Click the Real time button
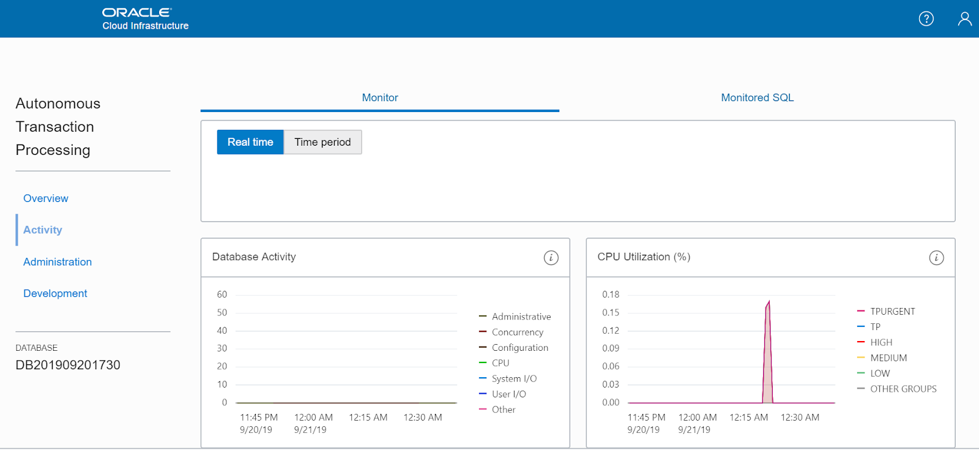pyautogui.click(x=250, y=142)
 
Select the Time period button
pyautogui.click(x=322, y=142)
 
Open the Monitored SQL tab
pyautogui.click(x=757, y=98)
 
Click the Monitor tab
pyautogui.click(x=380, y=98)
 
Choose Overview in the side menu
pyautogui.click(x=46, y=198)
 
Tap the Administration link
pyautogui.click(x=58, y=262)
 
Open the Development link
pyautogui.click(x=55, y=294)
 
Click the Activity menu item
pyautogui.click(x=43, y=230)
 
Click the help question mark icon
pyautogui.click(x=926, y=19)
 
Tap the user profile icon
pyautogui.click(x=964, y=19)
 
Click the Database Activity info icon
pyautogui.click(x=551, y=258)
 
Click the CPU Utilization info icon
pyautogui.click(x=936, y=258)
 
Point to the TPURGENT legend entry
pyautogui.click(x=892, y=312)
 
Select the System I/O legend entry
pyautogui.click(x=514, y=379)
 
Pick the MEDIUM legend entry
pyautogui.click(x=888, y=358)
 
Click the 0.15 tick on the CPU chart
pyautogui.click(x=611, y=313)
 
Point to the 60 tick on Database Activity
pyautogui.click(x=222, y=294)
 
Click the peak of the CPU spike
pyautogui.click(x=769, y=301)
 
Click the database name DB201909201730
pyautogui.click(x=68, y=366)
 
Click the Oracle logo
pyautogui.click(x=136, y=12)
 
